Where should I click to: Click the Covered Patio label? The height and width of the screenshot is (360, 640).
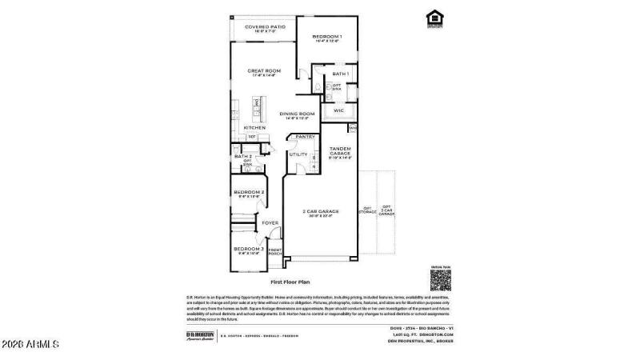pyautogui.click(x=265, y=27)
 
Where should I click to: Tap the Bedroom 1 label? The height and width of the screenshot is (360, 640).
pyautogui.click(x=326, y=37)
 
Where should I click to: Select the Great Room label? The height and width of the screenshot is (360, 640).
pyautogui.click(x=264, y=71)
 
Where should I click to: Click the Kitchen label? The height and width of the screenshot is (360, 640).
pyautogui.click(x=254, y=128)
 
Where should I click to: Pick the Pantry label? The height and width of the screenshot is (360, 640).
pyautogui.click(x=304, y=137)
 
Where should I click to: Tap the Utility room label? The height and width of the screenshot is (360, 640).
pyautogui.click(x=298, y=154)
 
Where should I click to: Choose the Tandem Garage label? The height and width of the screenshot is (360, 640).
pyautogui.click(x=340, y=150)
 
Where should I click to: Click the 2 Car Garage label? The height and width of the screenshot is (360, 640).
pyautogui.click(x=320, y=211)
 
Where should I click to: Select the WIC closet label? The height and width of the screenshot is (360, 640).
pyautogui.click(x=338, y=110)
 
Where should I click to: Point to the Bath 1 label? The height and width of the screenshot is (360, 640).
pyautogui.click(x=341, y=74)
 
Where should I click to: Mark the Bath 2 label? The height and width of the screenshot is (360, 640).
pyautogui.click(x=243, y=156)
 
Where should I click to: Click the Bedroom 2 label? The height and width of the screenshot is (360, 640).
pyautogui.click(x=249, y=193)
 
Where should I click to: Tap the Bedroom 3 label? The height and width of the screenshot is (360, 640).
pyautogui.click(x=248, y=249)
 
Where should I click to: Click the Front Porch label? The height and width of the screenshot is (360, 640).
pyautogui.click(x=274, y=252)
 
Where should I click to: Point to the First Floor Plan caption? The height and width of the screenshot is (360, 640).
pyautogui.click(x=290, y=282)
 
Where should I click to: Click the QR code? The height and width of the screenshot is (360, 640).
pyautogui.click(x=442, y=279)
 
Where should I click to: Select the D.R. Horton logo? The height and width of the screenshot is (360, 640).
pyautogui.click(x=197, y=335)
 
